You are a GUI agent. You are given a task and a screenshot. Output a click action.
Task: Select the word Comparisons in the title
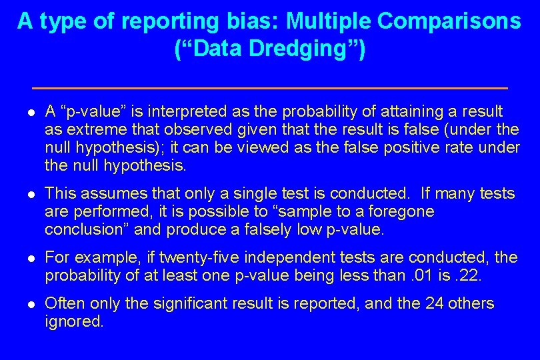point(449,21)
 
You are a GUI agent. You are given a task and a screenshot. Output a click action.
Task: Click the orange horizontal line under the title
point(270,88)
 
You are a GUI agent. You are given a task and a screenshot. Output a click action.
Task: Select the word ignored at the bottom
point(74,322)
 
